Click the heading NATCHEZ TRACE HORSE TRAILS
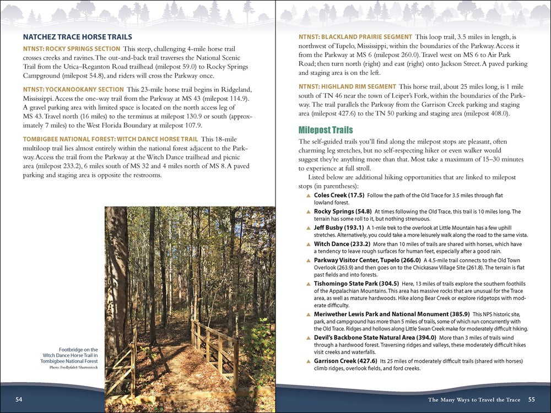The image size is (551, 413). pos(77,37)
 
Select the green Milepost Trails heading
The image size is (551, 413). pos(325,131)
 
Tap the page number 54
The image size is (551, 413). pos(19,399)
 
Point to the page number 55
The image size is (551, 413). pos(531,399)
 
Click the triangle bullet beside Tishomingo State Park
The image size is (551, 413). pos(308,284)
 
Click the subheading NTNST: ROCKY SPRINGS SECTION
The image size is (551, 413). pos(71,48)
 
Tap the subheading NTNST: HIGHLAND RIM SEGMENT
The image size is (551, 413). pos(347,86)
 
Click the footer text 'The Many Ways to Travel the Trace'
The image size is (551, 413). pos(474,399)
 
